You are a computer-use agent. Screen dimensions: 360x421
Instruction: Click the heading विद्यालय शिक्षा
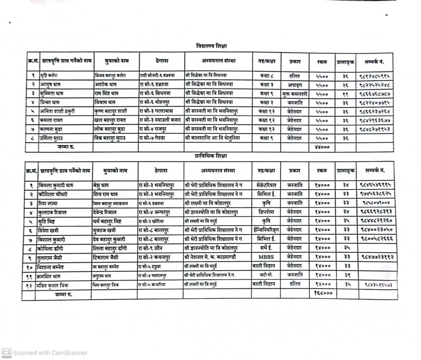pyautogui.click(x=211, y=46)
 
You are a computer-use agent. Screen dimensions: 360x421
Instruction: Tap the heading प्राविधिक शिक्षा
pyautogui.click(x=211, y=156)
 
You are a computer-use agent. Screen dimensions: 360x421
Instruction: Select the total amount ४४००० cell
pyautogui.click(x=321, y=147)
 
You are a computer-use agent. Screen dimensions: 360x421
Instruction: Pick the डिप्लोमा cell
pyautogui.click(x=265, y=212)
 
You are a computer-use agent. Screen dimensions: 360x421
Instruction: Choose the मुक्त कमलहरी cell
pyautogui.click(x=295, y=94)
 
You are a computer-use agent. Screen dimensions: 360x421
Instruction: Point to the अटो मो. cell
pyautogui.click(x=265, y=275)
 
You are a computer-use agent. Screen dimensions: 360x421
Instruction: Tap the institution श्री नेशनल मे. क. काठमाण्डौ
pyautogui.click(x=215, y=257)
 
